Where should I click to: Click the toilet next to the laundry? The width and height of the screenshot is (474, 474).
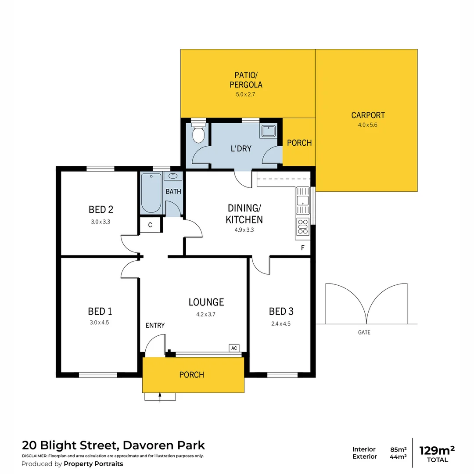click(x=199, y=133)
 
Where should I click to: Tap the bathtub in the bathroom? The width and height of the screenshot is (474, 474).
click(x=151, y=193)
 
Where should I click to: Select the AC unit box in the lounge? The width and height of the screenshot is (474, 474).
click(x=234, y=348)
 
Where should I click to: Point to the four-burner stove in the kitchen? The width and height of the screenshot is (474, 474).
click(x=303, y=226)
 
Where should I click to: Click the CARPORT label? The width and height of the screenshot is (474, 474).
click(x=368, y=115)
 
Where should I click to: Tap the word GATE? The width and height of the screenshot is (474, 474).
click(x=364, y=332)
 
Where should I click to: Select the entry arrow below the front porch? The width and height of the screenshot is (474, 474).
click(x=160, y=397)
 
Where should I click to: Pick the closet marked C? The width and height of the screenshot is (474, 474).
click(x=150, y=225)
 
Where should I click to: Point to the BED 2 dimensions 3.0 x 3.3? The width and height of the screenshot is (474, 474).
click(x=100, y=222)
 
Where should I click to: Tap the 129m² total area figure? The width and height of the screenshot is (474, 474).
click(x=437, y=451)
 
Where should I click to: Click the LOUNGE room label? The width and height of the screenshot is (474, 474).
click(x=206, y=302)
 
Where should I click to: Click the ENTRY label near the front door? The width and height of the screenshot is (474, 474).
click(x=155, y=325)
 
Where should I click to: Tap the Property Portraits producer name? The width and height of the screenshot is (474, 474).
click(x=93, y=464)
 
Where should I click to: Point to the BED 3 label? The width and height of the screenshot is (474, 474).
click(x=281, y=312)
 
